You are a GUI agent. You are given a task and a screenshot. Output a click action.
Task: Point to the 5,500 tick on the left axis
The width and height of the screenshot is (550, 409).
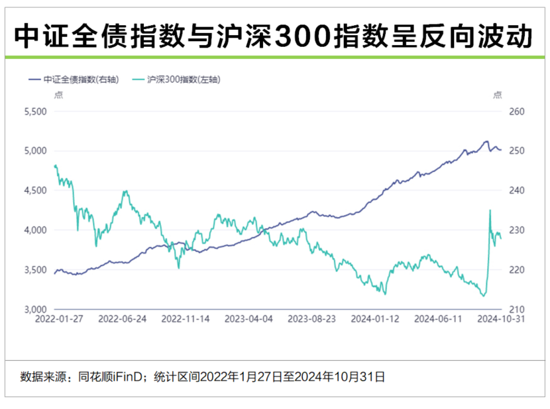34,111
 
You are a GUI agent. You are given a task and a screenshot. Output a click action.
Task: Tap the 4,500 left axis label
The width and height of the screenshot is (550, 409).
34,191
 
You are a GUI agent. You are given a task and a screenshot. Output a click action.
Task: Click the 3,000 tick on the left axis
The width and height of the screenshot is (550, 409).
34,310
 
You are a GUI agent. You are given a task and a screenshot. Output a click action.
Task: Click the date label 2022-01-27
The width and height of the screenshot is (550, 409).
60,319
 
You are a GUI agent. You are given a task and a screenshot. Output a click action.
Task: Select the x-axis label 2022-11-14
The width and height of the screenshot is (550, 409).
186,319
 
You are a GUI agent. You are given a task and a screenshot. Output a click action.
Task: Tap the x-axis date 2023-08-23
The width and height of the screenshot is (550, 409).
312,319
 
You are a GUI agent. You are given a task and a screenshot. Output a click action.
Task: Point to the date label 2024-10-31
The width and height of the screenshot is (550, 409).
501,319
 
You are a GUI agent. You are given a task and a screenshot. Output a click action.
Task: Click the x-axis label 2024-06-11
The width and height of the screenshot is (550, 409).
438,319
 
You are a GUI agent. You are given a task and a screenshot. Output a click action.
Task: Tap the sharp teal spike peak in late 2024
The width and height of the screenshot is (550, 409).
490,210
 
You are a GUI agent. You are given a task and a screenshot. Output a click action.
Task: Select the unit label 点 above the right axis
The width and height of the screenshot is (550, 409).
498,95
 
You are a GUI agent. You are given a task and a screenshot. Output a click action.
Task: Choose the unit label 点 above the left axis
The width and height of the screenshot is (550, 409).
58,95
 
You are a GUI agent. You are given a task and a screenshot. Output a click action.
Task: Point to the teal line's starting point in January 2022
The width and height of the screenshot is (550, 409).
54,166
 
